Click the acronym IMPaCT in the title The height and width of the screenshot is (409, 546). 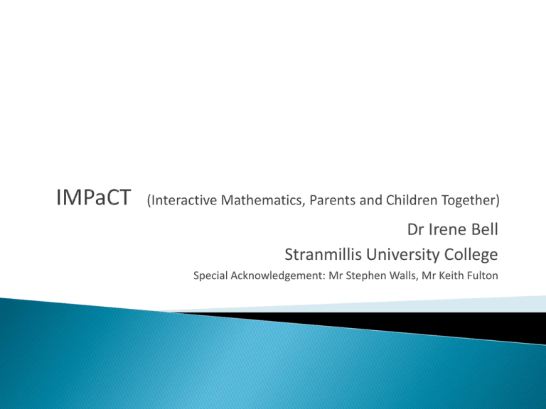(x=93, y=197)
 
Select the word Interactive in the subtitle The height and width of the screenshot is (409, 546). (x=184, y=200)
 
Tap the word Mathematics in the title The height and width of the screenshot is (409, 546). (x=262, y=200)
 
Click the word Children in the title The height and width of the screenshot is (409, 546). (x=412, y=200)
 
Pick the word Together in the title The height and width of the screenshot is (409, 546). (x=468, y=201)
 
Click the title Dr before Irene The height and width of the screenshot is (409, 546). (x=415, y=229)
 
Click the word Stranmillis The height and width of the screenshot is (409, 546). (x=323, y=254)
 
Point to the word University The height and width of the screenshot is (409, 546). (x=403, y=256)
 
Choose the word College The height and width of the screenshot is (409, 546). (x=471, y=256)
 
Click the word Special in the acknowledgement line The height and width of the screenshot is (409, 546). (x=210, y=276)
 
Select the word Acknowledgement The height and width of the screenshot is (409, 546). (x=277, y=276)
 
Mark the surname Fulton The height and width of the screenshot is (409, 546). (x=483, y=276)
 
